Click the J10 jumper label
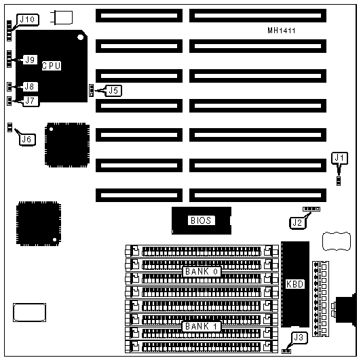tap(28, 20)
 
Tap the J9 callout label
tap(30, 60)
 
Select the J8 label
tap(30, 87)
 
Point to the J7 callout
tap(31, 101)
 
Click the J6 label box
tap(27, 140)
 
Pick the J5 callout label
tap(113, 91)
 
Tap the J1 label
tap(339, 158)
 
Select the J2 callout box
tap(297, 222)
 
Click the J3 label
tap(299, 338)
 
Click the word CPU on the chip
tap(52, 66)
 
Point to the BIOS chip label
tap(201, 220)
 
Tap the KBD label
tap(295, 284)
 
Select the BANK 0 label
tap(202, 272)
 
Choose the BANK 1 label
tap(202, 326)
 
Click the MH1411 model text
tap(282, 31)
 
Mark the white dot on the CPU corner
tap(80, 37)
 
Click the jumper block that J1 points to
tap(339, 180)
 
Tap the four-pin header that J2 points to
tap(311, 209)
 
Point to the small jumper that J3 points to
tap(286, 351)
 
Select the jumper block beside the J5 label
tap(92, 90)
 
